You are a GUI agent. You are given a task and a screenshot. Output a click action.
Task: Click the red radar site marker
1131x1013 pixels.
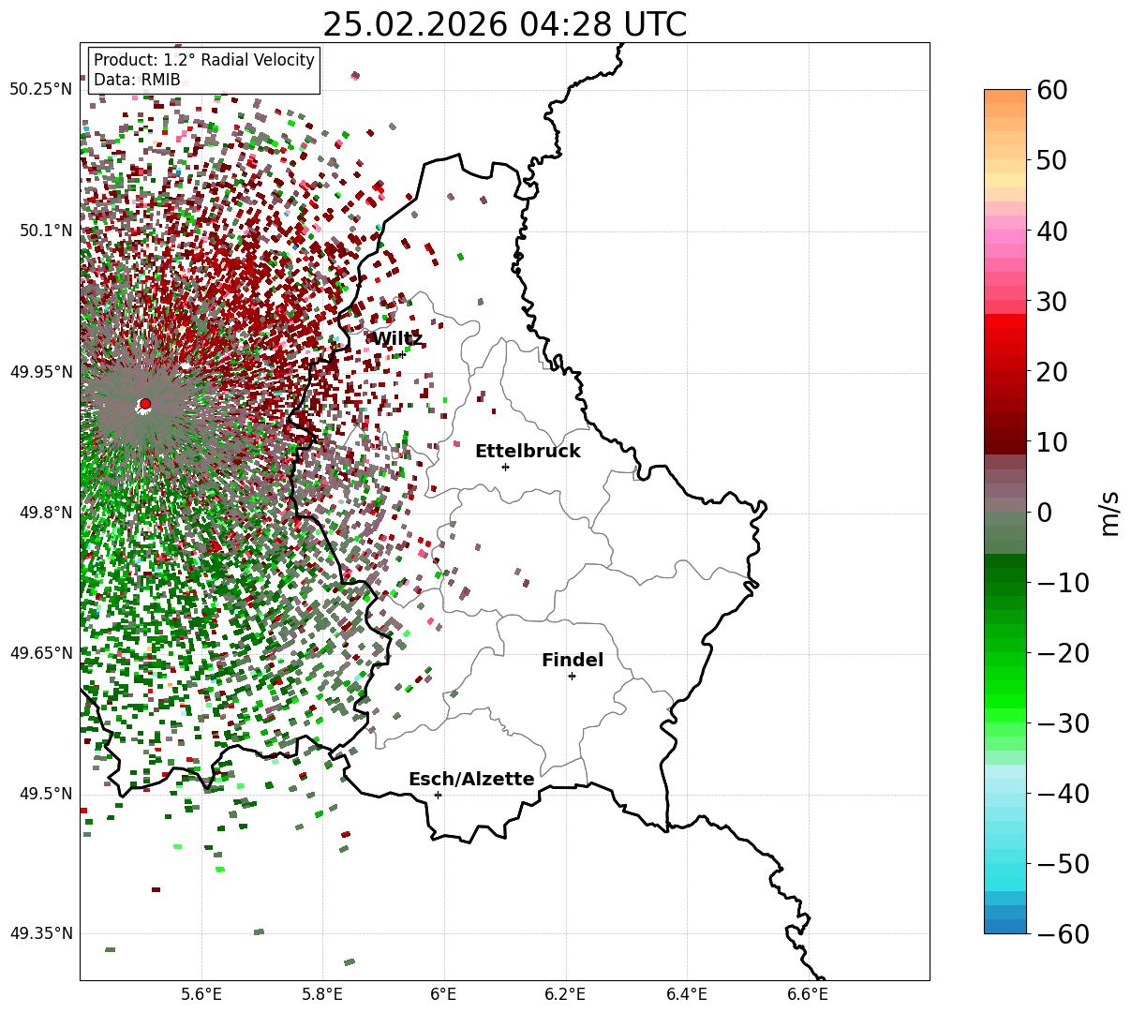point(145,404)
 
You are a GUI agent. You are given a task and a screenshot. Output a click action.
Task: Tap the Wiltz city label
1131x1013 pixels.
point(397,338)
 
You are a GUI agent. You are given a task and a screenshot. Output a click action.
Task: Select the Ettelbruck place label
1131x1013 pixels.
point(528,452)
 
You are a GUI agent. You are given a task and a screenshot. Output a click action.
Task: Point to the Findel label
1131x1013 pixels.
point(573,661)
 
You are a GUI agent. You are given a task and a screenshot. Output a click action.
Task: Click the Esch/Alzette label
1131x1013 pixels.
point(471,780)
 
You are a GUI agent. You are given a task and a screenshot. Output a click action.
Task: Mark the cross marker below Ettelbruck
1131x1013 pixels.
point(506,467)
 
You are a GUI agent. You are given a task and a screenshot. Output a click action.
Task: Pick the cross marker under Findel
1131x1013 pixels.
point(572,676)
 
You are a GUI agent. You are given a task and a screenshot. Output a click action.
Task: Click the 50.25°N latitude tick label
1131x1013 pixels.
point(40,90)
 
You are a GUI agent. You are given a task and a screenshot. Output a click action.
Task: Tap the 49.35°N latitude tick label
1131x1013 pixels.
point(40,934)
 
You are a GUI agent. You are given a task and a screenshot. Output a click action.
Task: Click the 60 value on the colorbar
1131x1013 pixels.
point(1051,91)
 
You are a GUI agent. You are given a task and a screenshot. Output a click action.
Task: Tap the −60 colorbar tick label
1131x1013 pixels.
point(1063,934)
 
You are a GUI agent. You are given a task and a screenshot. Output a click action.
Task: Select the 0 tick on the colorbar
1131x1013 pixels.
point(1044,514)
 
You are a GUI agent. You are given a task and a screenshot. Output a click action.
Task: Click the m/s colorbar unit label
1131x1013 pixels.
point(1110,512)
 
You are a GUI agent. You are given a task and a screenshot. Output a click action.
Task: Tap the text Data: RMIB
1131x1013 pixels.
point(137,80)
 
